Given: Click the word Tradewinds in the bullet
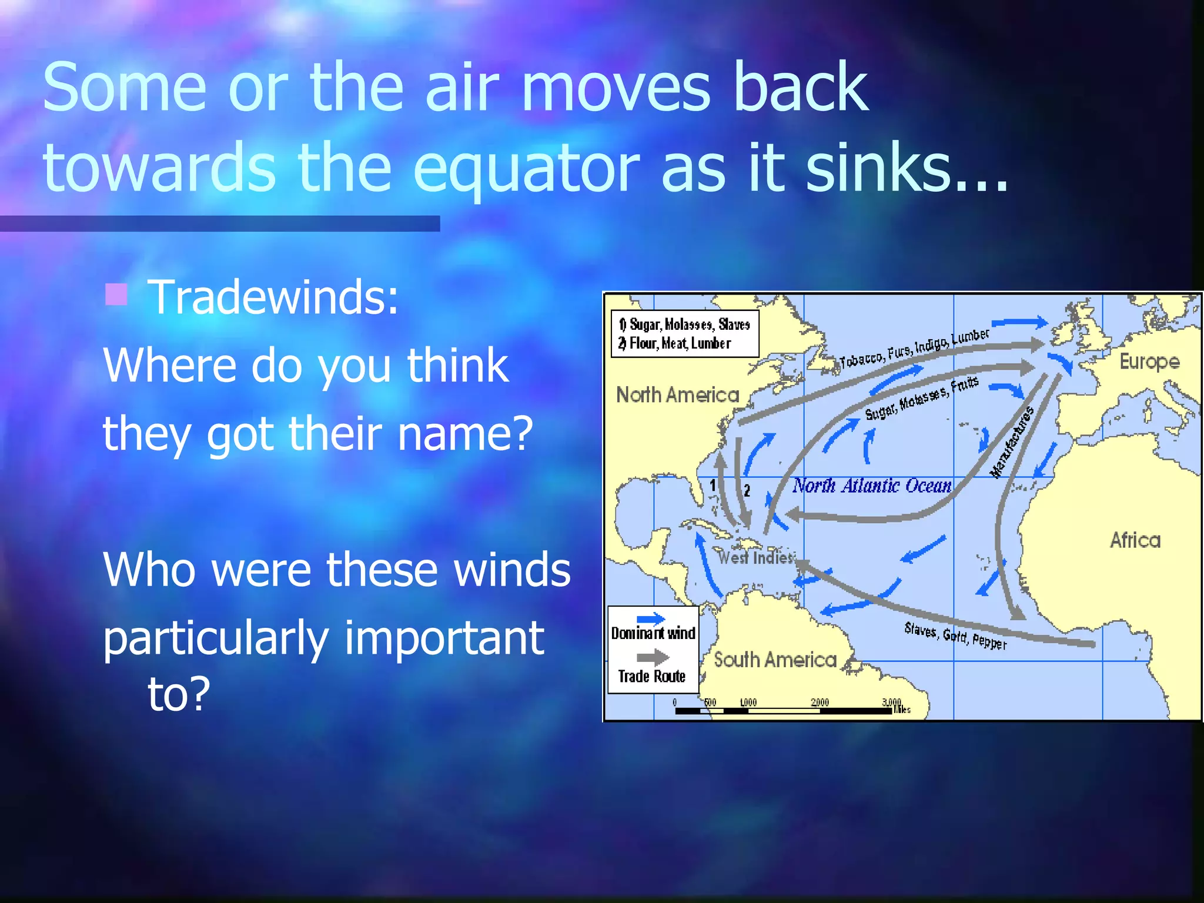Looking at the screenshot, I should point(273,297).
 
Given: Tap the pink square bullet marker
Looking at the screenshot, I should point(116,295).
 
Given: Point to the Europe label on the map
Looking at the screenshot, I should point(1149,361).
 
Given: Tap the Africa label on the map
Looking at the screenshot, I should point(1135,540).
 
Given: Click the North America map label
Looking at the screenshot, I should point(677,394).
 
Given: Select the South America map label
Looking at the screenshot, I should point(775,660).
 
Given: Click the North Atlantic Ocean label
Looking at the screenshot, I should point(871,486).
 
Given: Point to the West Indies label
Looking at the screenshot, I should point(756,557).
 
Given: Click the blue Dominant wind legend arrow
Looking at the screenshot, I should point(651,618).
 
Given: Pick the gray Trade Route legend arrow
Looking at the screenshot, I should point(652,657).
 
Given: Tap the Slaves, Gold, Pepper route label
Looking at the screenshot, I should point(955,636).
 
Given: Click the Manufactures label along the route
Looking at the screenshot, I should point(1012,442).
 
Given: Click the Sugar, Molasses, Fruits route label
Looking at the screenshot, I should point(921,398).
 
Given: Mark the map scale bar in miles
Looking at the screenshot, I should point(784,710).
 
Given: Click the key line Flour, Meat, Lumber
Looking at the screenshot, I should point(679,343).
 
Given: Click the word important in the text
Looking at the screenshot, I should point(444,638).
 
